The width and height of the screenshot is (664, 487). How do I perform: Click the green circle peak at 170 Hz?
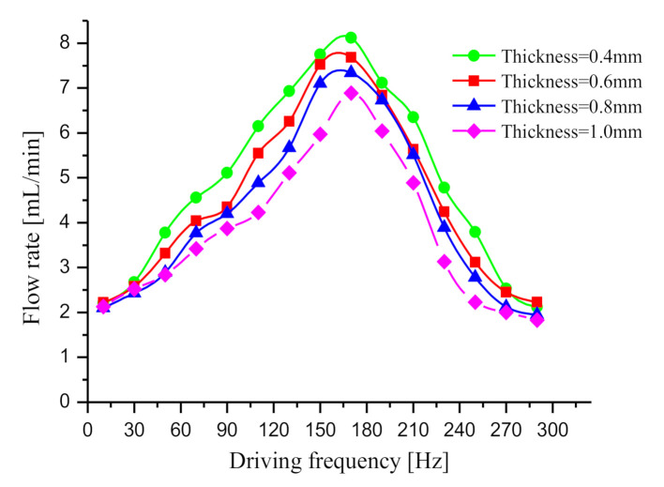click(351, 38)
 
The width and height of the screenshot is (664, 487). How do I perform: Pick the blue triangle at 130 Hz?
click(289, 147)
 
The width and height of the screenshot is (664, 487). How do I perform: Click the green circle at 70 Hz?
click(196, 197)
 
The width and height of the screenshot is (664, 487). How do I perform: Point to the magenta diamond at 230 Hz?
click(444, 261)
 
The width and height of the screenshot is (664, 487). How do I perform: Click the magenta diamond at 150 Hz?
click(320, 134)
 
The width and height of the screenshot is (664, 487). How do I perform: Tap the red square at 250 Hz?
click(475, 262)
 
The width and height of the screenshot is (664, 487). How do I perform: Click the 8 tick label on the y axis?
click(65, 43)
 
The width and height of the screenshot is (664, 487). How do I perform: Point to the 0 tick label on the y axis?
click(65, 402)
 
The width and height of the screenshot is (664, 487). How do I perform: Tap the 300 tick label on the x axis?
click(551, 424)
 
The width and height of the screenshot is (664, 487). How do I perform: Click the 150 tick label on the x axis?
click(320, 424)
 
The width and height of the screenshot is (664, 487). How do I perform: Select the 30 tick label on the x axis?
click(134, 424)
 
